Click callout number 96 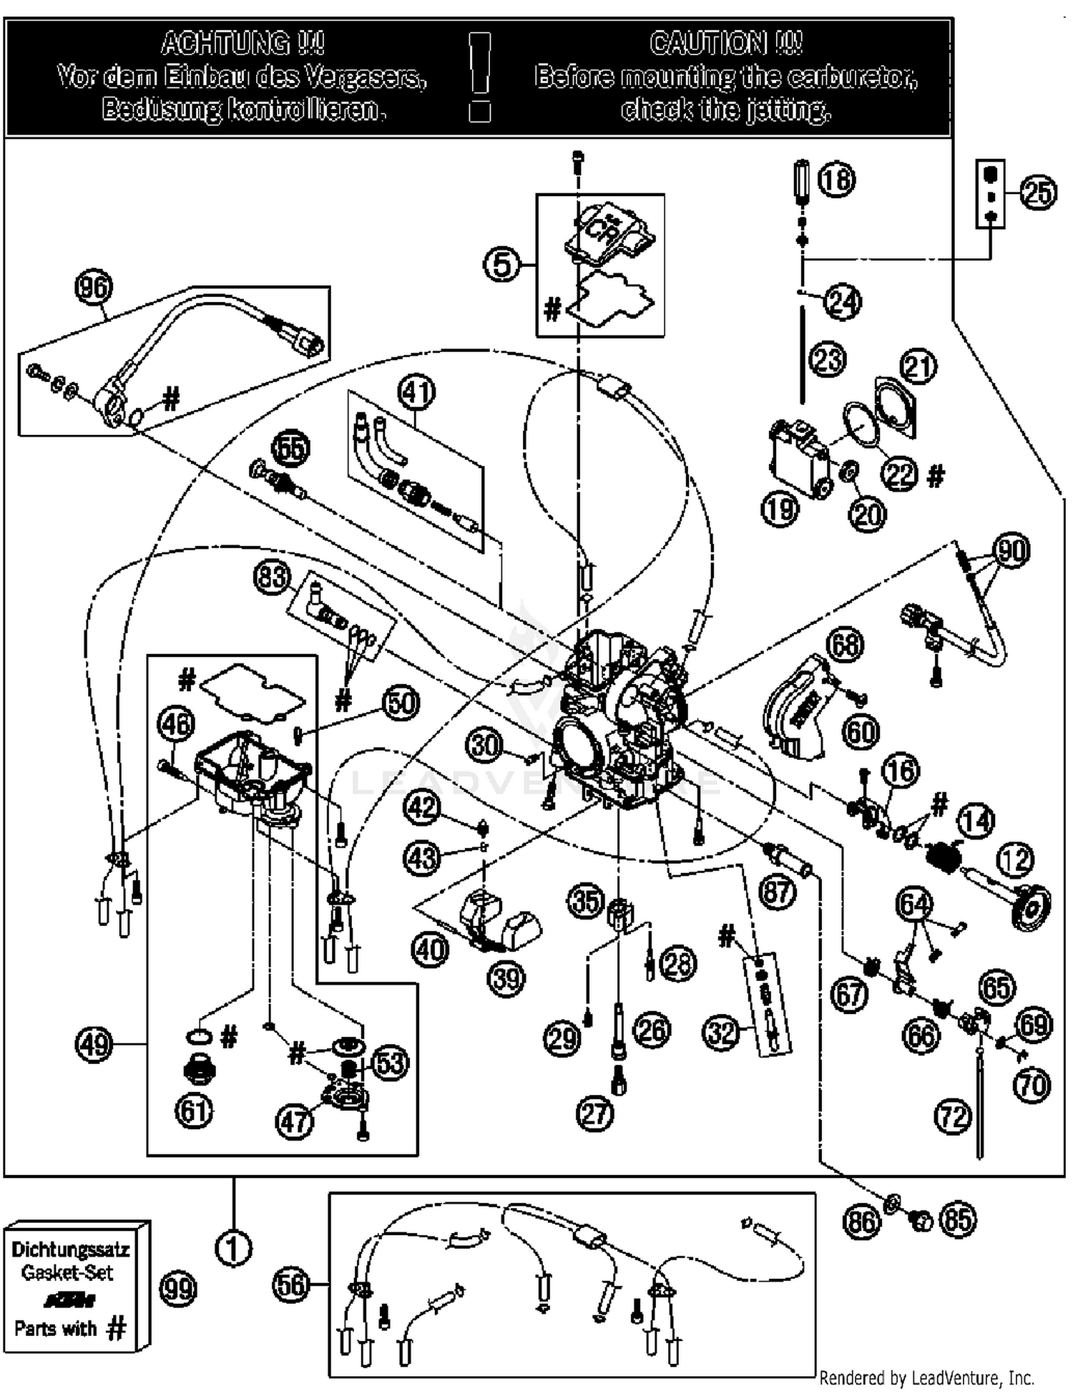pyautogui.click(x=94, y=288)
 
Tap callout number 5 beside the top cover pyautogui.click(x=502, y=265)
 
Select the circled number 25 pyautogui.click(x=1038, y=193)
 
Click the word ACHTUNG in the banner pyautogui.click(x=242, y=44)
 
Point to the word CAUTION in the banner pyautogui.click(x=726, y=44)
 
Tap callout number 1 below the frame pyautogui.click(x=233, y=1249)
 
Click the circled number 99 pyautogui.click(x=178, y=1289)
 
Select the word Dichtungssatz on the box pyautogui.click(x=70, y=1249)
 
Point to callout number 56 pyautogui.click(x=292, y=1285)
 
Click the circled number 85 pyautogui.click(x=958, y=1220)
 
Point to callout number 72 pyautogui.click(x=953, y=1116)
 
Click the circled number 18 pyautogui.click(x=836, y=179)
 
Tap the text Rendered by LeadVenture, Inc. pyautogui.click(x=926, y=1378)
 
